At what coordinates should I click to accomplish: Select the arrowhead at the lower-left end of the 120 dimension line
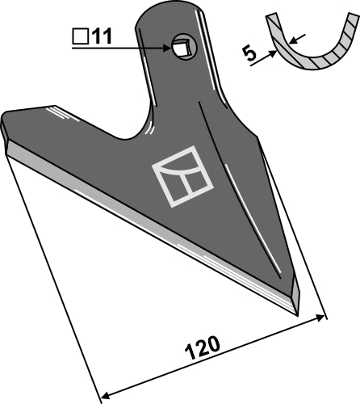(103, 397)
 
